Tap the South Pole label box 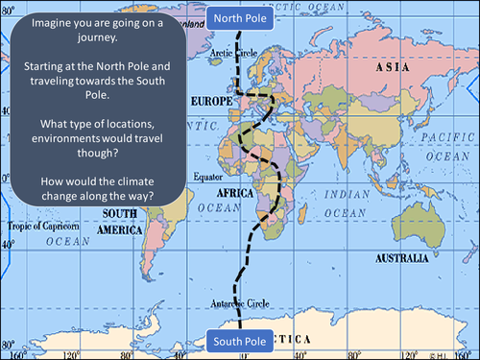tap(239, 340)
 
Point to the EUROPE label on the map tap(213, 100)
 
